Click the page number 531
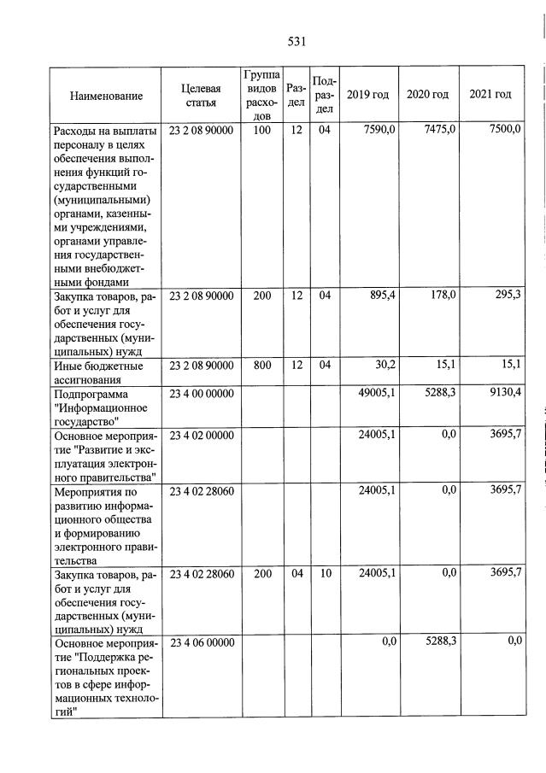(x=297, y=40)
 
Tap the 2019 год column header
(x=367, y=95)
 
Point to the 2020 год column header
(x=427, y=95)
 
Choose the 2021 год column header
(x=490, y=95)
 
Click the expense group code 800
(x=262, y=366)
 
